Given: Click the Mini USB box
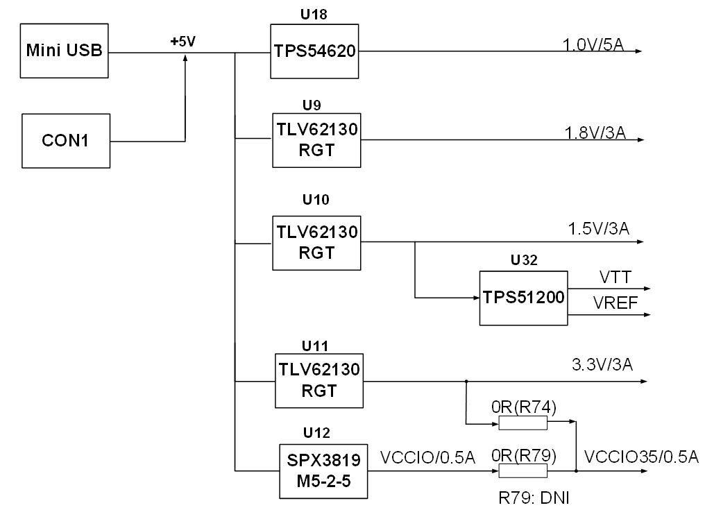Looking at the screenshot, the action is pyautogui.click(x=65, y=51).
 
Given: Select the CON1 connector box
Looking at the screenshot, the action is pyautogui.click(x=66, y=141).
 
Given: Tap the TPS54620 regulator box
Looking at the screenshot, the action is pyautogui.click(x=314, y=51).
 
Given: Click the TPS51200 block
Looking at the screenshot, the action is pyautogui.click(x=523, y=298).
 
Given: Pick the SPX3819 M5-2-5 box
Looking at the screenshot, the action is pyautogui.click(x=323, y=471).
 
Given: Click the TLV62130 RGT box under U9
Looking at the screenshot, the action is pyautogui.click(x=316, y=140).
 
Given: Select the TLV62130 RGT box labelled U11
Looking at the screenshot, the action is pyautogui.click(x=319, y=381).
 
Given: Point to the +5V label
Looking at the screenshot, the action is pyautogui.click(x=183, y=42).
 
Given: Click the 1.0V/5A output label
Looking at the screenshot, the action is pyautogui.click(x=593, y=44).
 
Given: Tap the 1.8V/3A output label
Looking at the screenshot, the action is pyautogui.click(x=595, y=133).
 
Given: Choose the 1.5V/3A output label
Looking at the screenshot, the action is pyautogui.click(x=598, y=228).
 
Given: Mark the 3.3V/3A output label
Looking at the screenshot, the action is pyautogui.click(x=602, y=364).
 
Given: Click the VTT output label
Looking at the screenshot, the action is pyautogui.click(x=615, y=277).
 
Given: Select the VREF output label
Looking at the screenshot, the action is pyautogui.click(x=615, y=303).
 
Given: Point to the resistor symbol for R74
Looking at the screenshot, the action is pyautogui.click(x=523, y=423).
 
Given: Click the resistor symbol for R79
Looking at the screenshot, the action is pyautogui.click(x=523, y=471).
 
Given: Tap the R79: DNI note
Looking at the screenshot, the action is pyautogui.click(x=534, y=498).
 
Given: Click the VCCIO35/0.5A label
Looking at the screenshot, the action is pyautogui.click(x=641, y=457).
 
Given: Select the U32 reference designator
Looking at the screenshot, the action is pyautogui.click(x=524, y=260).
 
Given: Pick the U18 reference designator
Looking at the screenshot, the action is pyautogui.click(x=314, y=15).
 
